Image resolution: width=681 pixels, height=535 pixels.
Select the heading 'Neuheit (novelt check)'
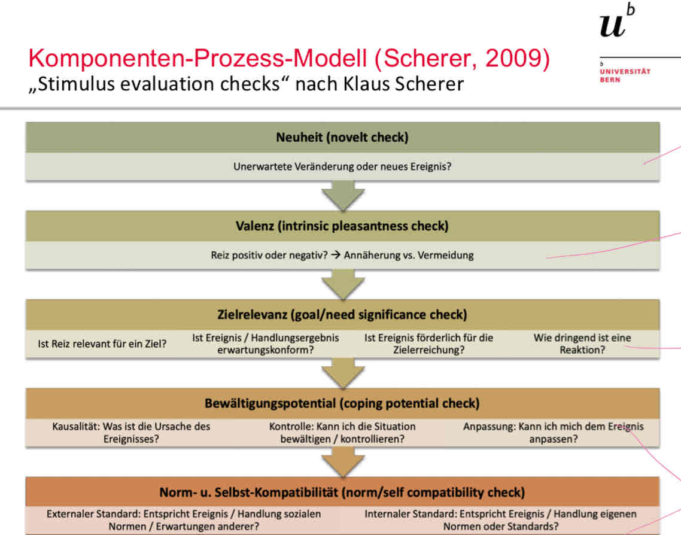click(342, 137)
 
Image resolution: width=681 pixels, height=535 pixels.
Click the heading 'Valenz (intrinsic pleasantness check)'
click(342, 226)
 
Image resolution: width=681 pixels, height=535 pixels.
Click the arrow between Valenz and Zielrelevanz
click(342, 284)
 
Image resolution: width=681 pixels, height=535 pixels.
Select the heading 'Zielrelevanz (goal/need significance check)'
click(342, 314)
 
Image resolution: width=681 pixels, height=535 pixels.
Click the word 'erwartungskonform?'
click(265, 350)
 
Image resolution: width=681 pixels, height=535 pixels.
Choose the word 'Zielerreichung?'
click(428, 350)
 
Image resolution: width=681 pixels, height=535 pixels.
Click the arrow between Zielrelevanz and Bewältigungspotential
click(342, 373)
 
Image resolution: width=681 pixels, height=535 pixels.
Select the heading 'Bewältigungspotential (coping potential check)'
click(342, 403)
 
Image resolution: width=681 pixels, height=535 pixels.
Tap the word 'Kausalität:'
click(77, 427)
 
